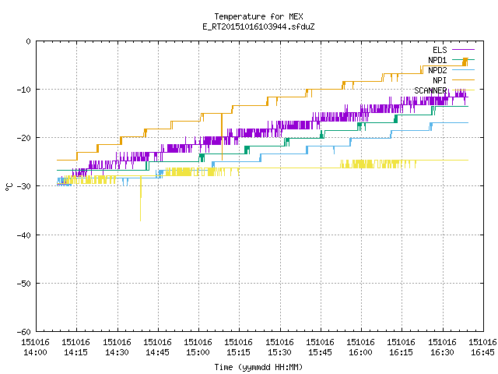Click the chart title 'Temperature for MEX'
(x=258, y=16)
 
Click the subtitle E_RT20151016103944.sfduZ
(x=258, y=26)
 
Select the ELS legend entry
(x=440, y=50)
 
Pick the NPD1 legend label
(x=437, y=60)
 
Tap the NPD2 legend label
(x=437, y=70)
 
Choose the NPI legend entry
(x=440, y=80)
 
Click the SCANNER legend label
(x=430, y=90)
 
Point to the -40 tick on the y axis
(x=24, y=235)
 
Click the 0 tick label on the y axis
(x=29, y=41)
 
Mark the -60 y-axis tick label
(x=24, y=332)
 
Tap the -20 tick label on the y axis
(x=24, y=138)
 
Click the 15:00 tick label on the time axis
(x=198, y=348)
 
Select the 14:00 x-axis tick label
(x=35, y=348)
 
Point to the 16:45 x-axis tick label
(x=482, y=348)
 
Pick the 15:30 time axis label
(x=279, y=348)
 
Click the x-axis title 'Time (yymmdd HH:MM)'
(x=258, y=367)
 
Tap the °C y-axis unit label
(x=9, y=187)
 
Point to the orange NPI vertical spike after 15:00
(x=222, y=137)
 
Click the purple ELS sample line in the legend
(x=464, y=50)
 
